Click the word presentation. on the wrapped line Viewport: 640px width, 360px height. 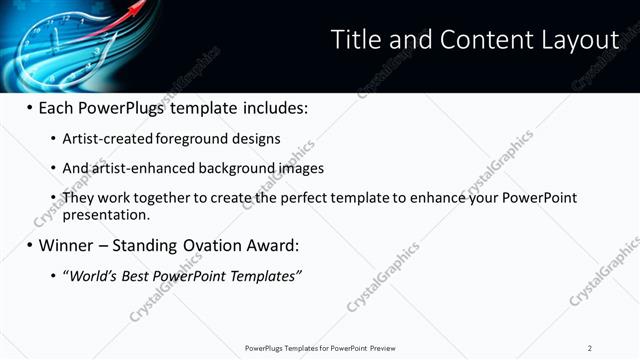(x=106, y=214)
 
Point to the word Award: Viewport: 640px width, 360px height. (x=272, y=245)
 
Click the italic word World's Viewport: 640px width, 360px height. (x=90, y=275)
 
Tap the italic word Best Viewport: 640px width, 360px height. (x=133, y=275)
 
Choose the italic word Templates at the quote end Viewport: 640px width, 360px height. (x=267, y=275)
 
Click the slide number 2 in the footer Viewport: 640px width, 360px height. (x=590, y=348)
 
